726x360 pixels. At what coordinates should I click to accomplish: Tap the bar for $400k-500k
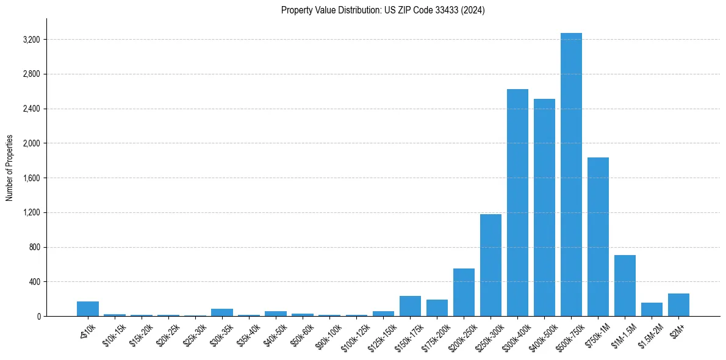coord(544,207)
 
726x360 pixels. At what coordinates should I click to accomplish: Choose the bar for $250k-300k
coord(491,265)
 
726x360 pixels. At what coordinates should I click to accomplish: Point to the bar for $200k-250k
coord(464,292)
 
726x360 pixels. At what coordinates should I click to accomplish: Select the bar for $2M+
coord(678,305)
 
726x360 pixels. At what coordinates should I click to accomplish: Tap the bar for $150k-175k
coord(410,306)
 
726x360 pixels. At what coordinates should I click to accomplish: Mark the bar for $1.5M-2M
coord(652,309)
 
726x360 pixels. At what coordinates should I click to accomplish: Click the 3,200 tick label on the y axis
coord(30,40)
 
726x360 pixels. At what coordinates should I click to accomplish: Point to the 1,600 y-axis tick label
coord(30,178)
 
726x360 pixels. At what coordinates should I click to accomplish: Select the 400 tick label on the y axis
coord(34,282)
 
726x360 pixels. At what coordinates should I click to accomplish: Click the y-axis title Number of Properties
coord(10,168)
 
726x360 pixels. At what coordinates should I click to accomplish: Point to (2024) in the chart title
coord(473,10)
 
